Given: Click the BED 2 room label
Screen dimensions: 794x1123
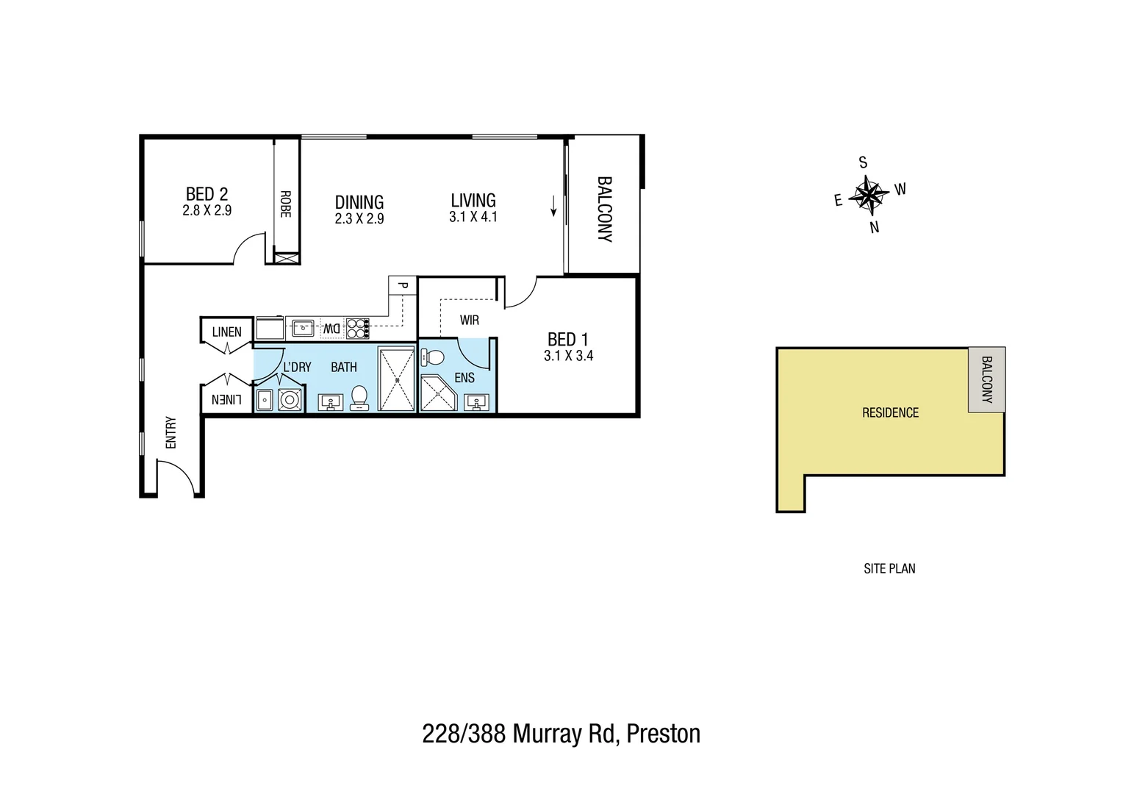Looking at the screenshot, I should (x=207, y=194).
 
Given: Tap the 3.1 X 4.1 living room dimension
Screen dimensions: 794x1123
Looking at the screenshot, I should (x=473, y=218).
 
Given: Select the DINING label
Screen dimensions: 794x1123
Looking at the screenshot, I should (x=359, y=201).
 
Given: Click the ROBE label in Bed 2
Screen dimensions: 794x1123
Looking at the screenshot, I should (x=286, y=204).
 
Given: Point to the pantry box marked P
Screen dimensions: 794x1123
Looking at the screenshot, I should (x=402, y=285).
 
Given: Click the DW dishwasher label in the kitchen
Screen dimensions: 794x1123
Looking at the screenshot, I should (x=331, y=329).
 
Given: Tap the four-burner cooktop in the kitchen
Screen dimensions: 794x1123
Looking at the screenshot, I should (x=357, y=328).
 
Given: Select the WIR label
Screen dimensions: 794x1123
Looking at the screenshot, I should (x=469, y=321).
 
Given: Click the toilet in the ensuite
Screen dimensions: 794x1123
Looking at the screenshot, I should (x=433, y=358).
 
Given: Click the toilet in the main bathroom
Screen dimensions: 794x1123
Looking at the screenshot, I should (x=359, y=397).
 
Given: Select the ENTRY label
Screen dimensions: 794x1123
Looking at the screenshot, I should (x=171, y=433).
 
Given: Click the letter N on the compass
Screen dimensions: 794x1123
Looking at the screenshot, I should (x=875, y=228).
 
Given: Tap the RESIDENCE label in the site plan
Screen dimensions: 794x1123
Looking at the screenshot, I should (x=890, y=412).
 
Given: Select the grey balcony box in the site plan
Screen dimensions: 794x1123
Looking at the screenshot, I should (x=986, y=379).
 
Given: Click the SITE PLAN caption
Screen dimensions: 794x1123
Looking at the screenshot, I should (x=889, y=568).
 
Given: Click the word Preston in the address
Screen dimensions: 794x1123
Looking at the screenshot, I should (x=664, y=734).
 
